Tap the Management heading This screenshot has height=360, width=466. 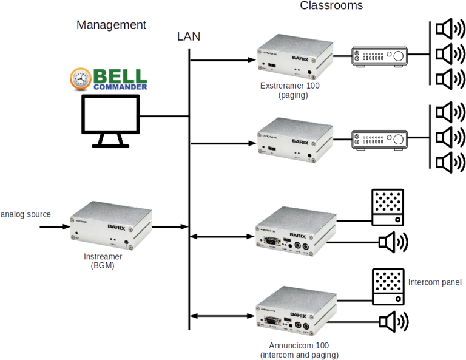[x=112, y=25]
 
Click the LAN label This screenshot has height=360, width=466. [x=189, y=37]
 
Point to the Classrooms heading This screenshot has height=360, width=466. [x=331, y=6]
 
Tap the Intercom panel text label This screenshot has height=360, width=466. [x=434, y=282]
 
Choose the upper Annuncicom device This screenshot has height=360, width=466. [x=295, y=231]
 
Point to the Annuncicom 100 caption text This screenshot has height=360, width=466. [x=299, y=350]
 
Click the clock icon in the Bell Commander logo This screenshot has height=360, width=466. [x=79, y=80]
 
